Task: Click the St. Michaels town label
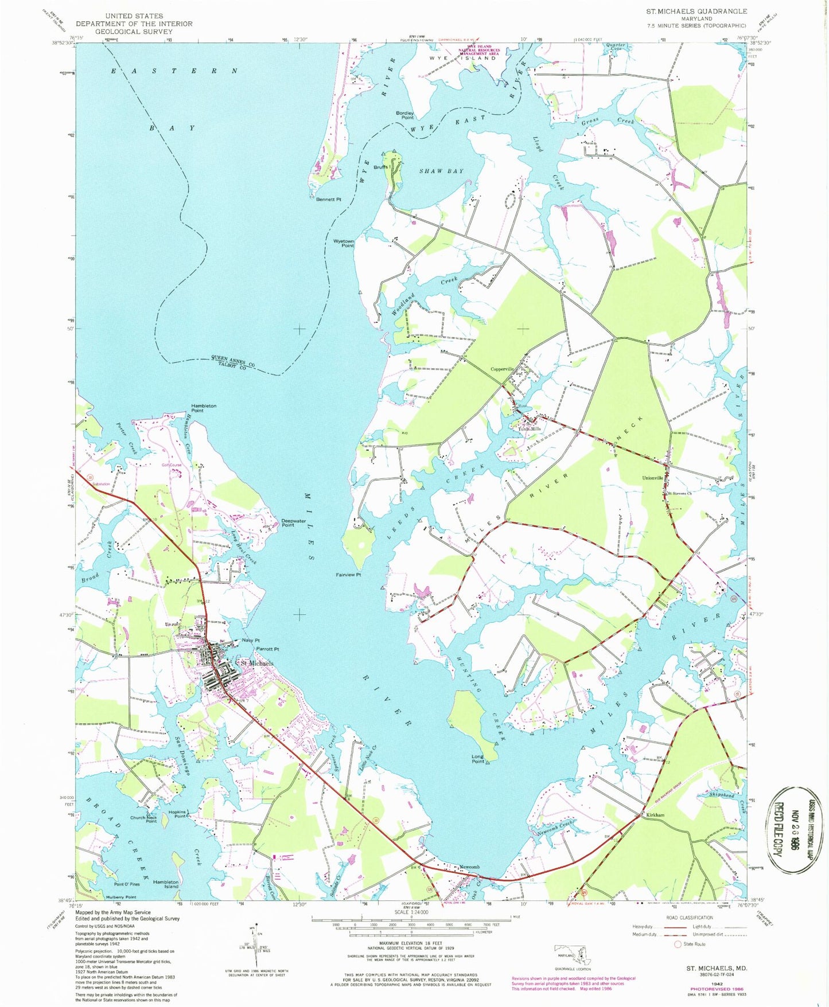pos(256,663)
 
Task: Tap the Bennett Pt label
pos(328,200)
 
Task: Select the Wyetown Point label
pos(344,243)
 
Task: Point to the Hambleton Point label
pos(204,408)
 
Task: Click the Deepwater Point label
pos(295,522)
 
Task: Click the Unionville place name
pos(652,478)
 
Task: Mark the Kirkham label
pos(653,815)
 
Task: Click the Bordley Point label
pos(404,115)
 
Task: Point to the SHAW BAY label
pos(441,171)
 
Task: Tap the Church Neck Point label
pos(143,819)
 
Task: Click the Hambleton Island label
pos(166,884)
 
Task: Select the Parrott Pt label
pos(267,649)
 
